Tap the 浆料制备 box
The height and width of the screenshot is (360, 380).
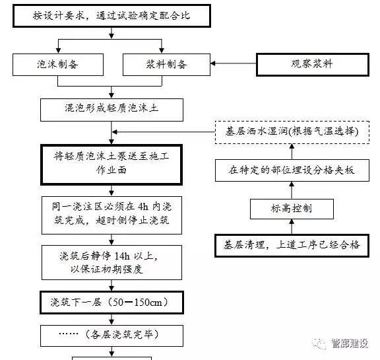pos(166,64)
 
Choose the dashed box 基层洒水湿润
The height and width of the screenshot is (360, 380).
pos(291,131)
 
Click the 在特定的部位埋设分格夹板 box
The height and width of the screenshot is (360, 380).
pos(291,170)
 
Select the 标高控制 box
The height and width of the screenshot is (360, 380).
pos(291,208)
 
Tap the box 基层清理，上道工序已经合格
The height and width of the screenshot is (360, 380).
pos(291,245)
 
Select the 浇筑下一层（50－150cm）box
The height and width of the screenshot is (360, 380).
pos(110,303)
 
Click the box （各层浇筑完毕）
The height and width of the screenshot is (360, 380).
pos(110,334)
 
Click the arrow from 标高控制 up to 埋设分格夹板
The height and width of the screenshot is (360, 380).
pos(291,190)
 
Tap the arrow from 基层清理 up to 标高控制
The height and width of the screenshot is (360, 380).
pos(291,226)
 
